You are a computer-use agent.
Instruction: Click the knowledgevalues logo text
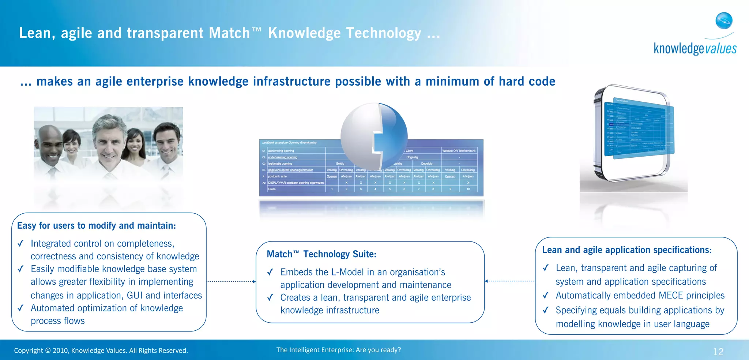[695, 49]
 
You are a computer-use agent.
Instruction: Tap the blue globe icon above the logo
[724, 20]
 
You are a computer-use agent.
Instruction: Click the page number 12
[718, 352]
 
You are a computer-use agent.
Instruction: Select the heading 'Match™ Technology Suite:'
[321, 254]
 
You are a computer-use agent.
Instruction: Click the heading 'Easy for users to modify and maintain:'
[97, 225]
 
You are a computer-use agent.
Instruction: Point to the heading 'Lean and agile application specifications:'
[626, 250]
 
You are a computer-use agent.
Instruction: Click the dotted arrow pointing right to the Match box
[232, 281]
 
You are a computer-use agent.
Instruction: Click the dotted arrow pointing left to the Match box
[509, 281]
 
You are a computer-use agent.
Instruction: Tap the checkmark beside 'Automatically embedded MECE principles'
[546, 295]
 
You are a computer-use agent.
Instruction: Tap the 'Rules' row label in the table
[272, 189]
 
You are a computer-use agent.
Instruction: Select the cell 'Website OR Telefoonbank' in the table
[459, 151]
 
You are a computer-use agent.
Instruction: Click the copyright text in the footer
[101, 350]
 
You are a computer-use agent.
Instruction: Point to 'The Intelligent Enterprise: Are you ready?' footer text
[338, 350]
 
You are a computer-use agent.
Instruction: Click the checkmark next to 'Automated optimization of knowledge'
[20, 308]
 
